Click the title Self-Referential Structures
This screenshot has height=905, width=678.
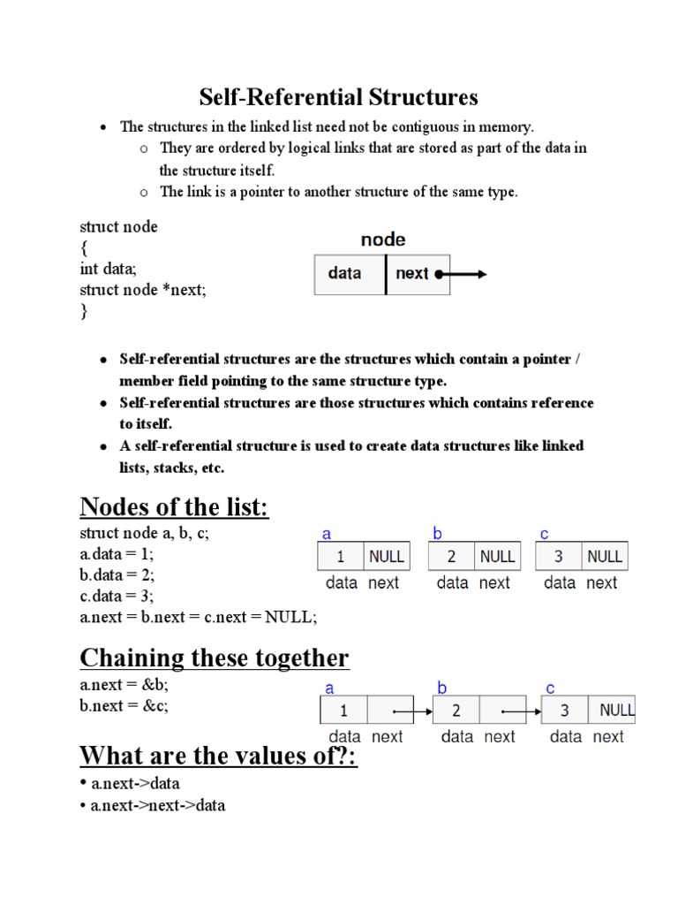[338, 96]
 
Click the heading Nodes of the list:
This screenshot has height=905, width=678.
[174, 507]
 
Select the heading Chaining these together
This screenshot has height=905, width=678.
[215, 658]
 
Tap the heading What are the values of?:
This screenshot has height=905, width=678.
[218, 757]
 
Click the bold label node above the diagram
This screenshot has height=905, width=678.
[383, 240]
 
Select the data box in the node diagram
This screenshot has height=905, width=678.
[350, 274]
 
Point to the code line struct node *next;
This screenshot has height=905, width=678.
[143, 290]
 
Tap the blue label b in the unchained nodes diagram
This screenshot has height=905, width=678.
[436, 533]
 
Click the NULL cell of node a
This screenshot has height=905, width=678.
[386, 557]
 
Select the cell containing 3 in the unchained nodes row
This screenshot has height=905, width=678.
[559, 557]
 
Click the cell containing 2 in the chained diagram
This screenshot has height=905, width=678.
[456, 711]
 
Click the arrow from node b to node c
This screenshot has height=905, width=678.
[521, 711]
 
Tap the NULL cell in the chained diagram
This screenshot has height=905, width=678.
[616, 711]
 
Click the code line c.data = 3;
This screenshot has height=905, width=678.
[117, 596]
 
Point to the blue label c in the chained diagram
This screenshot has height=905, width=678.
[550, 688]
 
